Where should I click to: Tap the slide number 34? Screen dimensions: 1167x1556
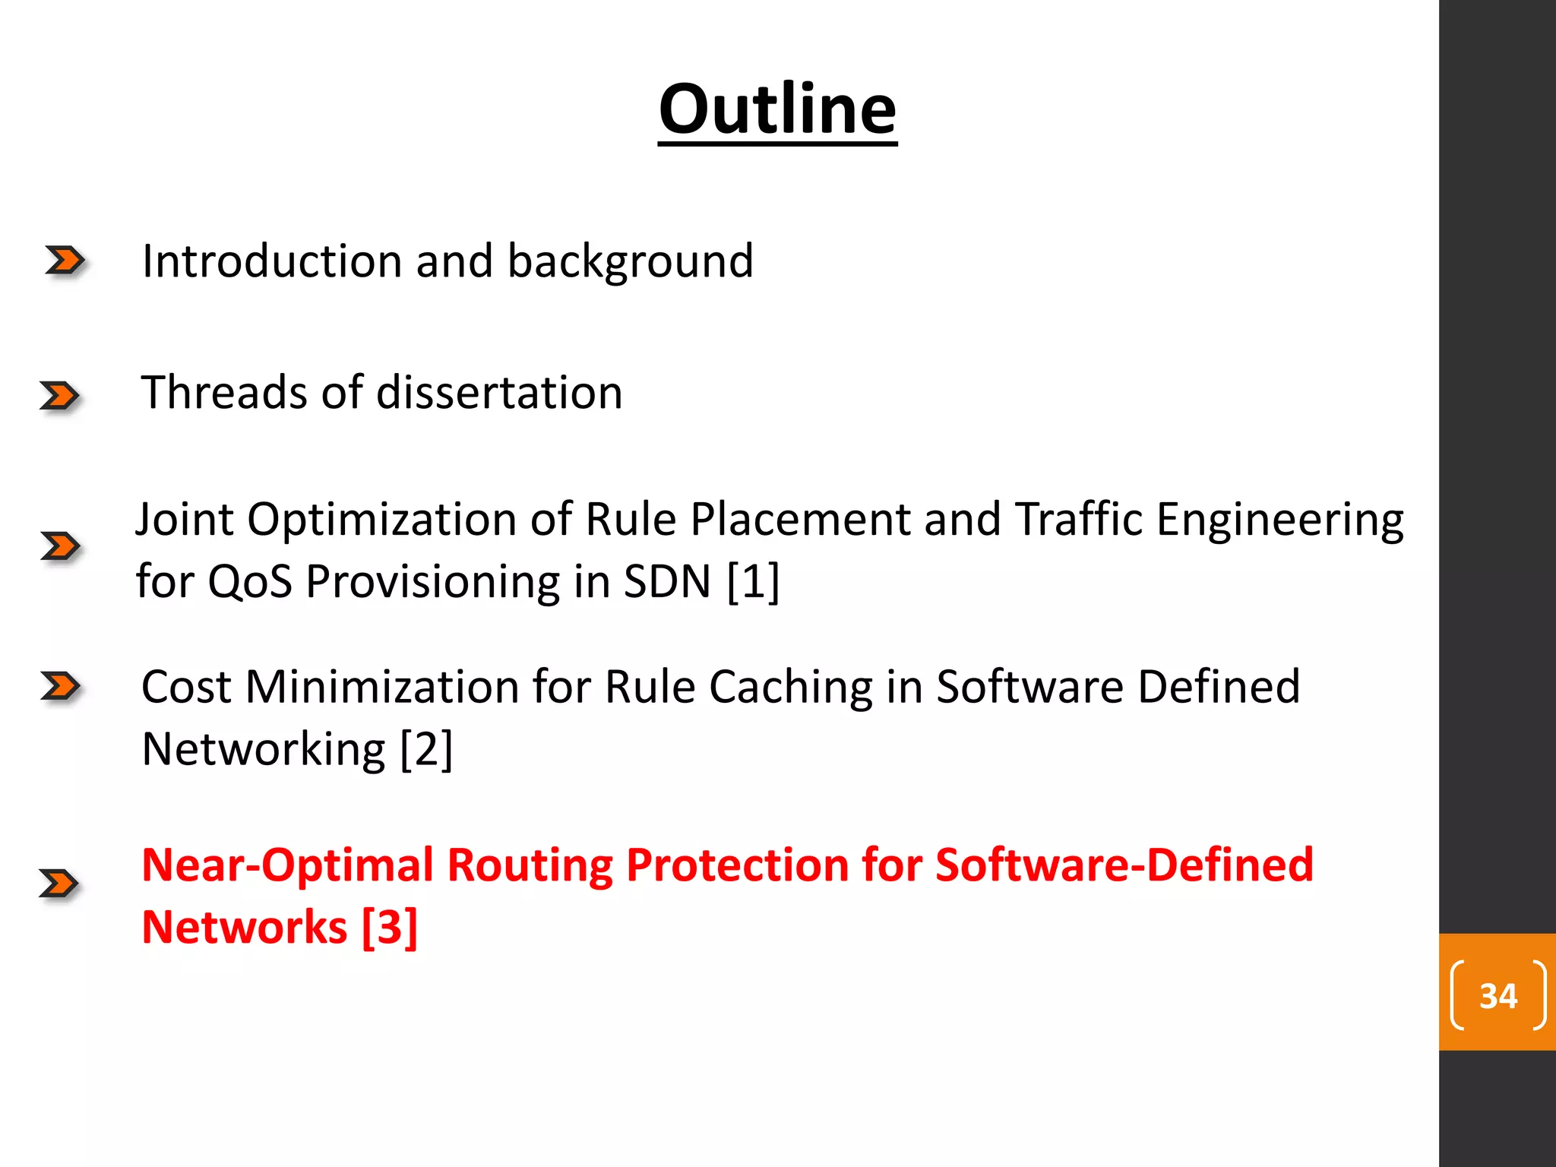[x=1497, y=995]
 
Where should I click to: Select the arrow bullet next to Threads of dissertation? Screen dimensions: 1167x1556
[x=60, y=396]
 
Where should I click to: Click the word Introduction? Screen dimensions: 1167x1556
[x=271, y=261]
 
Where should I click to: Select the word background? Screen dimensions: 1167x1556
[x=630, y=263]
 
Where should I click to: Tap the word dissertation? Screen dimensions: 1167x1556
[x=499, y=393]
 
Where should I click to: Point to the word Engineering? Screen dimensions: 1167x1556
[x=1279, y=522]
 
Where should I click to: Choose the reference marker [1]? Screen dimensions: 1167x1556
[x=753, y=582]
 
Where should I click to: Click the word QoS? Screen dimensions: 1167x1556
[x=250, y=582]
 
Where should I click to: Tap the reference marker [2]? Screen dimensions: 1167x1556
[x=426, y=750]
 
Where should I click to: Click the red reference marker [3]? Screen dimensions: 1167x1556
[x=389, y=928]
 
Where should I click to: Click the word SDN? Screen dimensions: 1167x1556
[x=667, y=582]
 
